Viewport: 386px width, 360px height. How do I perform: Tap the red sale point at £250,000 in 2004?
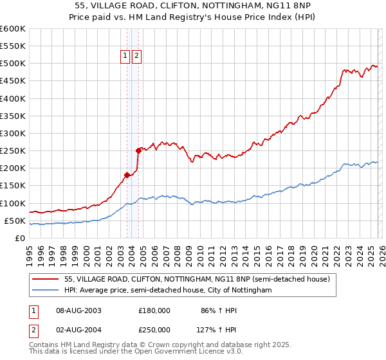coord(138,150)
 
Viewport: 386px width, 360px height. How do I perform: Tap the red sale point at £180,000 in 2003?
coord(127,175)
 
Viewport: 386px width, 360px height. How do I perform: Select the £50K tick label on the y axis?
coord(14,221)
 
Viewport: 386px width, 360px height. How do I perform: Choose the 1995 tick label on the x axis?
coord(30,253)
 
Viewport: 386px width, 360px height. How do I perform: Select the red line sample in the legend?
coord(46,279)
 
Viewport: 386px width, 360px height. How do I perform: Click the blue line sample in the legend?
coord(46,291)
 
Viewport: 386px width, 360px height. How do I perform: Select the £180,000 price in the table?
coord(154,310)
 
